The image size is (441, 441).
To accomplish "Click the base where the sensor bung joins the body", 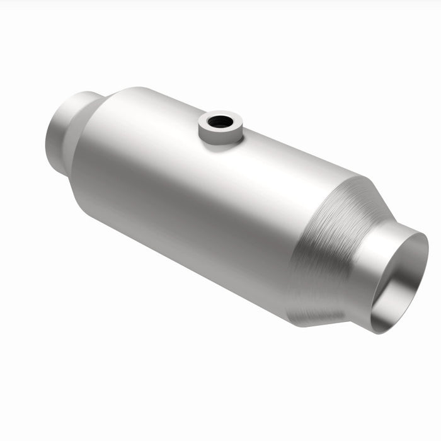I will pyautogui.click(x=220, y=142).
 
